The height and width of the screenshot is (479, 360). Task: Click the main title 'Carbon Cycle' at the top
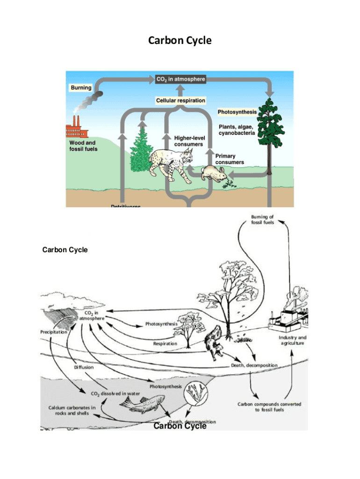[180, 41]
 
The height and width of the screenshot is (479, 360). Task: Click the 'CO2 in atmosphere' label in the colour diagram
[180, 80]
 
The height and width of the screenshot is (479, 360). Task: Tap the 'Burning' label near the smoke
[81, 87]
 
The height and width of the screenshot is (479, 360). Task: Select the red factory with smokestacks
[76, 128]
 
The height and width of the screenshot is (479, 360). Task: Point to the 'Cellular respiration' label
[180, 101]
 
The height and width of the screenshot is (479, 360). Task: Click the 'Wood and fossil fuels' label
[84, 145]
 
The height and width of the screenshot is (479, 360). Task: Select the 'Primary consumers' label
[229, 159]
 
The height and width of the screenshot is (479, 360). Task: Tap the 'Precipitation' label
[53, 332]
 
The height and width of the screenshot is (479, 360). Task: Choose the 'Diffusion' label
[84, 368]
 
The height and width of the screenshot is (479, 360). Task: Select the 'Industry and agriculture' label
[293, 340]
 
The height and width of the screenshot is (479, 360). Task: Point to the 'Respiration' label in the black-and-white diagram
[165, 343]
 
